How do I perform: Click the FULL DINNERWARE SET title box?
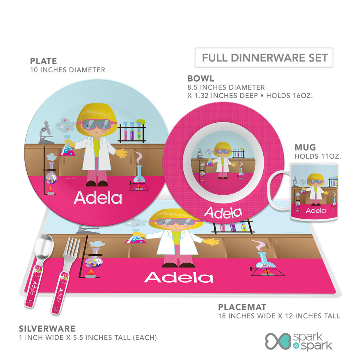pyautogui.click(x=264, y=58)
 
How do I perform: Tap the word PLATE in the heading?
pyautogui.click(x=43, y=61)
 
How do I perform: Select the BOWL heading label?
pyautogui.click(x=201, y=78)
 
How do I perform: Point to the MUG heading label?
pyautogui.click(x=305, y=147)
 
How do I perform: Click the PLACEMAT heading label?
pyautogui.click(x=242, y=307)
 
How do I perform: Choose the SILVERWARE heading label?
pyautogui.click(x=47, y=329)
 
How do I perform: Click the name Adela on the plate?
pyautogui.click(x=97, y=198)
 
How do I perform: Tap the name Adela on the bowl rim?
pyautogui.click(x=223, y=213)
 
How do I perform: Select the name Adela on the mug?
pyautogui.click(x=316, y=210)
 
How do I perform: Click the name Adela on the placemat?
pyautogui.click(x=178, y=277)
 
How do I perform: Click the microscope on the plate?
pyautogui.click(x=46, y=133)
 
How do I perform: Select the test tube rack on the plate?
pyautogui.click(x=132, y=131)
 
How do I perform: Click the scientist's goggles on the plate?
pyautogui.click(x=97, y=124)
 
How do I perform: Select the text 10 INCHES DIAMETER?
pyautogui.click(x=67, y=70)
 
